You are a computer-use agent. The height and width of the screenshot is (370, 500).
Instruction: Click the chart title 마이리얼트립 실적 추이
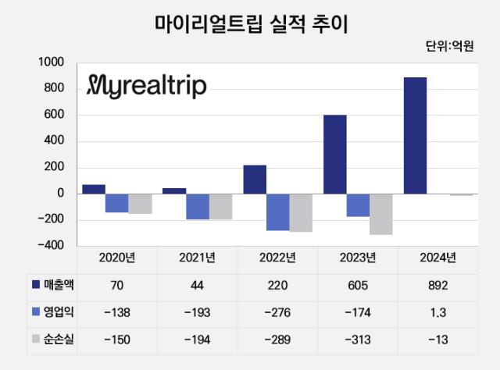(250, 24)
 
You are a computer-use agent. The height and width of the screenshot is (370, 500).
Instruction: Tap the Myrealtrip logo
(147, 85)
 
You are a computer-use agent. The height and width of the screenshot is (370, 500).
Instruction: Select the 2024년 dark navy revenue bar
(415, 135)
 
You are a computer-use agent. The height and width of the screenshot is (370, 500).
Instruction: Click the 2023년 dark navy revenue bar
(334, 155)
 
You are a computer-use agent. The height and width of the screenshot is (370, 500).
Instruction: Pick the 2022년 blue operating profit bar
(277, 212)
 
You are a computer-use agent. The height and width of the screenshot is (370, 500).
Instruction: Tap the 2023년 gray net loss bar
(381, 214)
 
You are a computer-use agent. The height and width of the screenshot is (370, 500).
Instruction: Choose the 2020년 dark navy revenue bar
(94, 189)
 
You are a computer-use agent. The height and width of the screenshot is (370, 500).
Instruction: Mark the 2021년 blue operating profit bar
(197, 206)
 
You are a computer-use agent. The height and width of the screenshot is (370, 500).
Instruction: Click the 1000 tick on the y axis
(53, 62)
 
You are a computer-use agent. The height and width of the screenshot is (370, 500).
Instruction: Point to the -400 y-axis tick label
(53, 245)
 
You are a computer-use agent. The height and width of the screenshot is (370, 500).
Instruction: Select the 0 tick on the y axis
(59, 194)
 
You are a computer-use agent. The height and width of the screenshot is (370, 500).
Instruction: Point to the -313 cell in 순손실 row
(358, 340)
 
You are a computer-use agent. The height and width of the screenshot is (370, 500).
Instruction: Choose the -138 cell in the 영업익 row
(118, 313)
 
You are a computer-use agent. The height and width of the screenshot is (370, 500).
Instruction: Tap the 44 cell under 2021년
(198, 286)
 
